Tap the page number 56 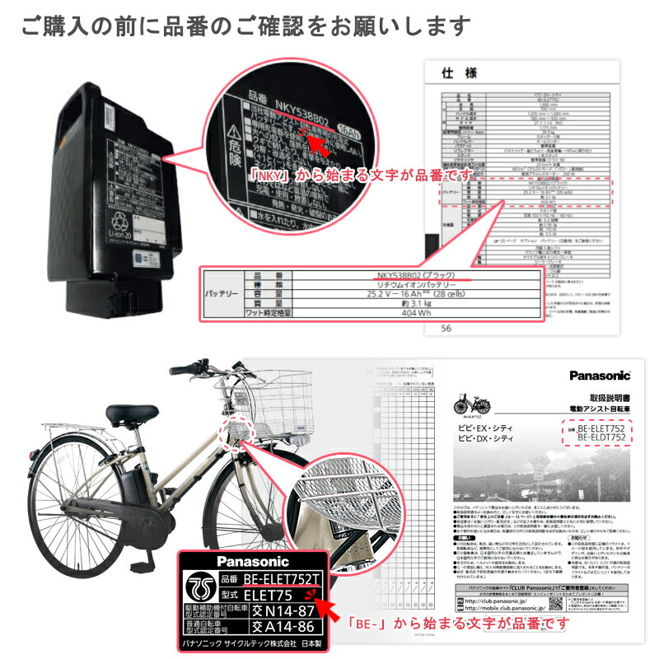[x=447, y=327]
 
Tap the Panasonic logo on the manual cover [x=599, y=375]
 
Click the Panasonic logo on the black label [x=238, y=561]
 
